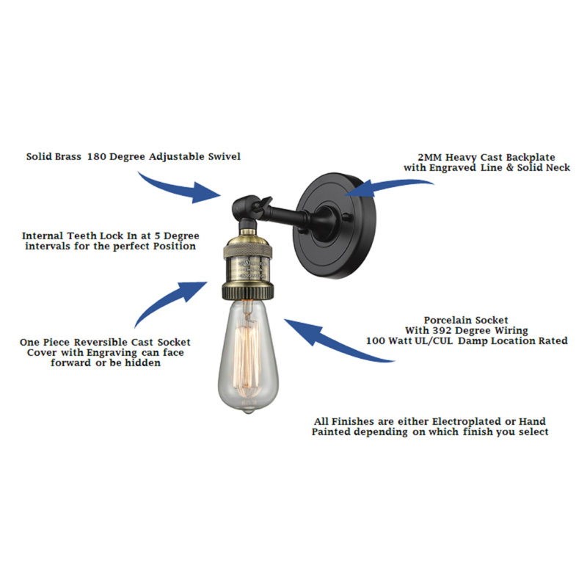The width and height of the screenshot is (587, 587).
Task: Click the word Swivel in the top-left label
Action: (x=225, y=156)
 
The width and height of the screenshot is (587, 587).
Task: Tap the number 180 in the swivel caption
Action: (x=97, y=156)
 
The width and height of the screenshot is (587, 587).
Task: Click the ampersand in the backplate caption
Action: (x=509, y=168)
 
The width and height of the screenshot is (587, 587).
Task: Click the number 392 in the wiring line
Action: (x=442, y=331)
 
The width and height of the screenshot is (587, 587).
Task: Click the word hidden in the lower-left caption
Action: (x=142, y=362)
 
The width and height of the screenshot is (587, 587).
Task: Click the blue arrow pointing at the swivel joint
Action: (x=180, y=189)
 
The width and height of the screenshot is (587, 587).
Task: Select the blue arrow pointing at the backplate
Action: (x=390, y=186)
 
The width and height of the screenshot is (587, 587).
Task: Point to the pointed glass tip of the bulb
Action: (x=248, y=411)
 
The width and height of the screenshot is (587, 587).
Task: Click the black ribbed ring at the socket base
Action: (x=248, y=291)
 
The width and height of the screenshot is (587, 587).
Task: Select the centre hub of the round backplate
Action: (x=324, y=224)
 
